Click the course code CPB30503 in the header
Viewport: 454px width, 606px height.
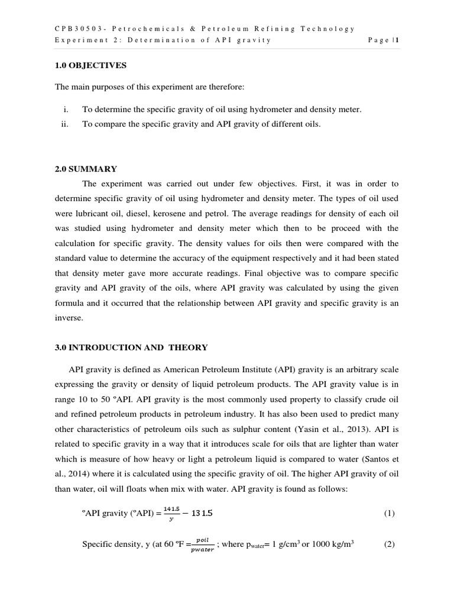78,28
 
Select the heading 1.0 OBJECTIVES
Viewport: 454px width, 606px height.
90,66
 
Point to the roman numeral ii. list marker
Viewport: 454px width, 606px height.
65,125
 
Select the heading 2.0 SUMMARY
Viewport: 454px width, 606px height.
86,169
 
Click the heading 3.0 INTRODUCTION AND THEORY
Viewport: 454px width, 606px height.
131,347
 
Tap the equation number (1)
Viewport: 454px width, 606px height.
388,513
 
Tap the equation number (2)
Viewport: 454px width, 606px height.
388,544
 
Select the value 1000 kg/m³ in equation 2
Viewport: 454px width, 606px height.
328,544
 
